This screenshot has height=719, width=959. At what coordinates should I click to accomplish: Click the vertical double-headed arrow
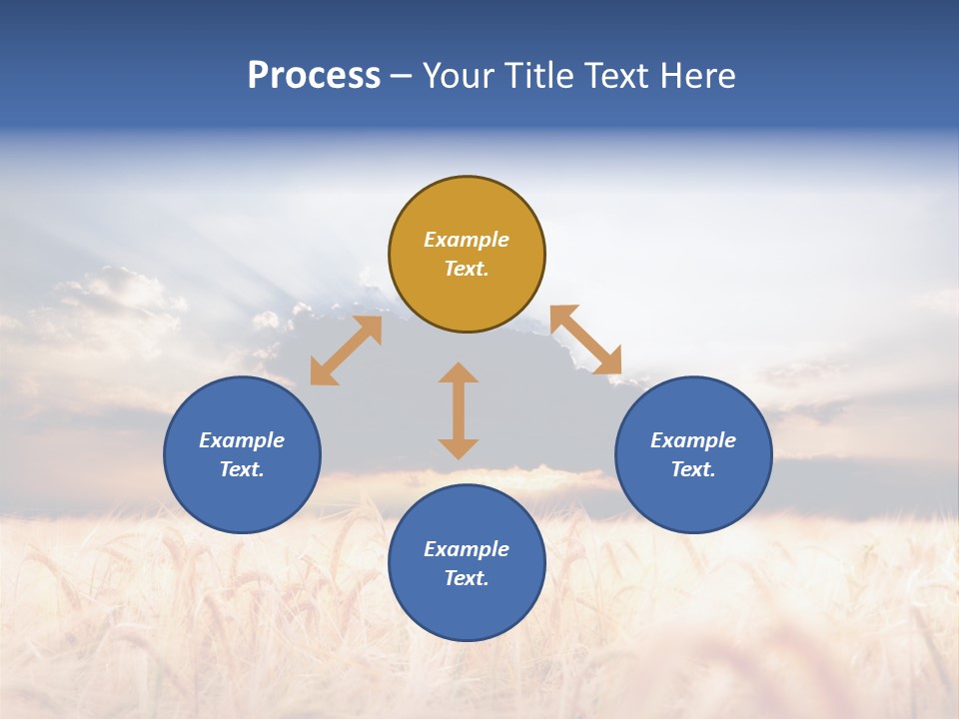point(459,410)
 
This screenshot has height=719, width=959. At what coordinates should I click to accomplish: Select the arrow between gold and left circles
point(346,351)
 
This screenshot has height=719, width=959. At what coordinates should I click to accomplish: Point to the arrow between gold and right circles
point(585,340)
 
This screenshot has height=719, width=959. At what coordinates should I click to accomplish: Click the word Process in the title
point(314,76)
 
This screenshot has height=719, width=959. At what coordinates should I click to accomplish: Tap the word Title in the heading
point(540,76)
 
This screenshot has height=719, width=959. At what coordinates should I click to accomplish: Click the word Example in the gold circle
point(467,240)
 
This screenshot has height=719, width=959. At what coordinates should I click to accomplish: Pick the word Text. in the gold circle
point(467,269)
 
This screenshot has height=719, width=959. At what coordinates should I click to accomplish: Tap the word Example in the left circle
point(242,440)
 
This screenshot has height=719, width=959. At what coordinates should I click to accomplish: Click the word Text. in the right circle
point(693,469)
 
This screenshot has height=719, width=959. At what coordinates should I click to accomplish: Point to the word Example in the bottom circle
point(467,549)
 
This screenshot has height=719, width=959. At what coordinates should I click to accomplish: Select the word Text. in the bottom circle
point(467,578)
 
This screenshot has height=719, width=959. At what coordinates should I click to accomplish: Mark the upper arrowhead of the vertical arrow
point(459,373)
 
